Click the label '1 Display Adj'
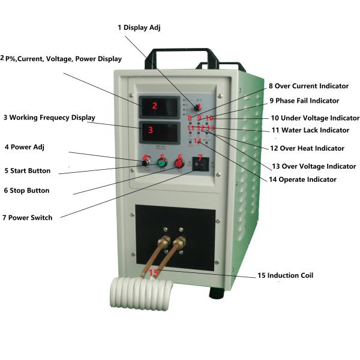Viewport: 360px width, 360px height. (x=139, y=27)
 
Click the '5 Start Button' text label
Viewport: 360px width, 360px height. (x=35, y=171)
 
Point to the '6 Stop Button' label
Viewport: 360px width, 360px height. (x=35, y=191)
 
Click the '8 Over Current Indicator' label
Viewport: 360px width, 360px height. (x=308, y=86)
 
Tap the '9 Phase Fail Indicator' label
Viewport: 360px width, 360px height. (x=304, y=101)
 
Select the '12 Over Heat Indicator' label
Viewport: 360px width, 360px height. (x=307, y=148)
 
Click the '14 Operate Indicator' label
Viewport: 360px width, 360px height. (x=302, y=179)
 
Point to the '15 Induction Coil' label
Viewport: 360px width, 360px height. (x=286, y=276)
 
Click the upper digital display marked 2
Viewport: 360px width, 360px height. (x=158, y=107)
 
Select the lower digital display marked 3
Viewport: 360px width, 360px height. (x=158, y=131)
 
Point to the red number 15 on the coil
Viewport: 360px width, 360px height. (x=154, y=273)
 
